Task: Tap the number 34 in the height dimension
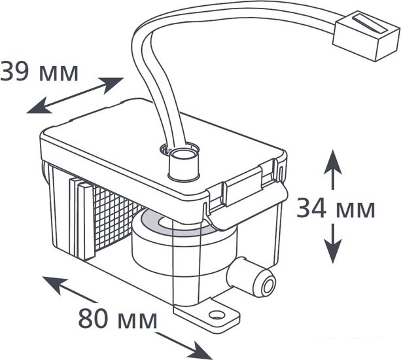click(311, 209)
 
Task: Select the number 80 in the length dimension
click(93, 319)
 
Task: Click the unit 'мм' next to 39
click(59, 74)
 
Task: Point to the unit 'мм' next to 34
click(355, 210)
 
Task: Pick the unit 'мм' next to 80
click(137, 321)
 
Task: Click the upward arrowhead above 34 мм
click(333, 162)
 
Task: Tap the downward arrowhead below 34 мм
click(333, 251)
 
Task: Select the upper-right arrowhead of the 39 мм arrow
click(111, 84)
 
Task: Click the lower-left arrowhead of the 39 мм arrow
click(39, 105)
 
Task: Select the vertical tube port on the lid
click(184, 164)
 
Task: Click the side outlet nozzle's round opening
click(268, 286)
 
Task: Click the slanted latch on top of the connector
click(370, 25)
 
